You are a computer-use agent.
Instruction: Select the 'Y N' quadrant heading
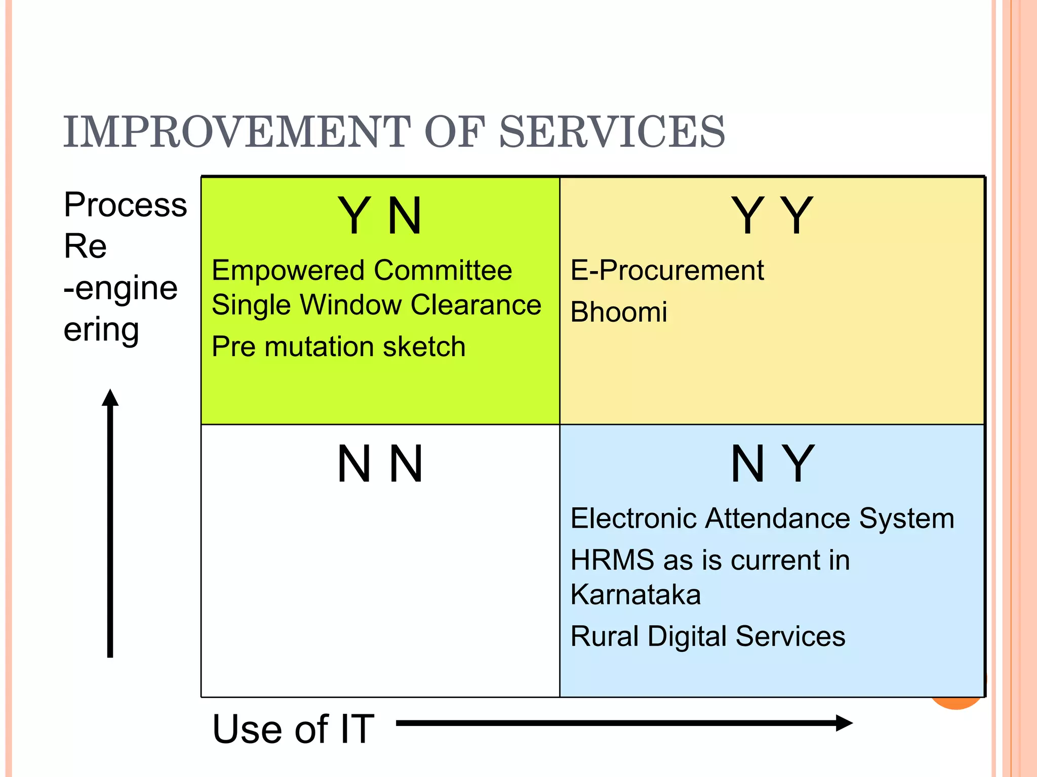380,216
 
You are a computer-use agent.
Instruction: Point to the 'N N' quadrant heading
380,463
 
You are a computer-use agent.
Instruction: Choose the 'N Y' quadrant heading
772,463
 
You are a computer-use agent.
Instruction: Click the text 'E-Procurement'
667,270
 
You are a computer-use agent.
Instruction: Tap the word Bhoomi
618,312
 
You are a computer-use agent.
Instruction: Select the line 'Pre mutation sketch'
338,347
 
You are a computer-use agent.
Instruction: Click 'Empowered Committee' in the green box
362,270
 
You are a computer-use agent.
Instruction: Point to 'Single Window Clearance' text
376,305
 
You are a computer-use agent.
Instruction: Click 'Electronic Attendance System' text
762,519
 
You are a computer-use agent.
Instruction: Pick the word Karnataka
635,594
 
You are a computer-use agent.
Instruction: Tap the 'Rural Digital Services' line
707,636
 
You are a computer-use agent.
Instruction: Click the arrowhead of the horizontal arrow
844,723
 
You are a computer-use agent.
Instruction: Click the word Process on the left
125,205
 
